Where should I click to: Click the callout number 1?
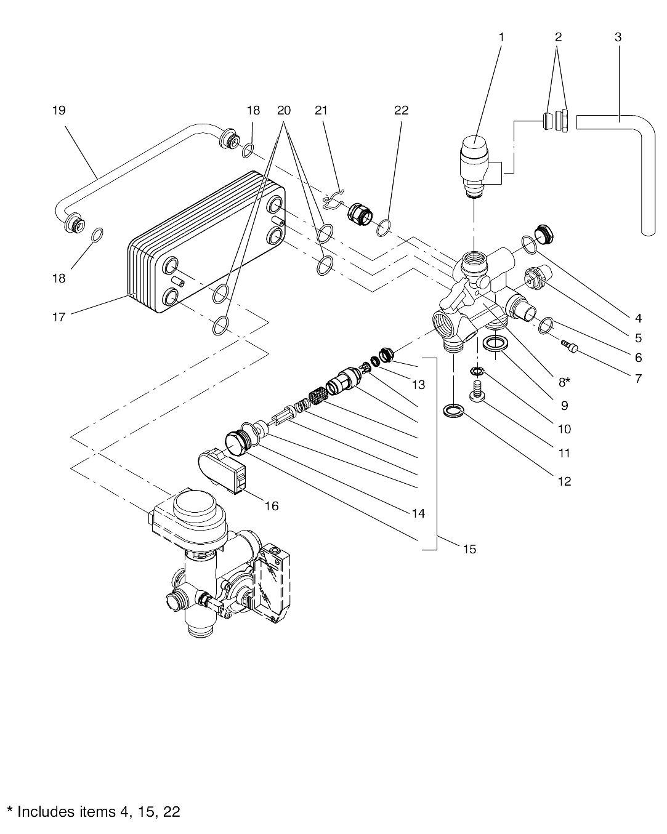tap(501, 38)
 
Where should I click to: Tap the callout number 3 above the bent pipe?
tap(618, 37)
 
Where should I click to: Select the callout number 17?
tap(59, 317)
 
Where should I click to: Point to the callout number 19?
tap(59, 110)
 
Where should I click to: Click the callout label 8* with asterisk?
tap(564, 382)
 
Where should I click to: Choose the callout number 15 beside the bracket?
tap(469, 549)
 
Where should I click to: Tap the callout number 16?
tap(272, 506)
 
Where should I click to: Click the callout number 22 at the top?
tap(402, 110)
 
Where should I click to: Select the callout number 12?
tap(565, 481)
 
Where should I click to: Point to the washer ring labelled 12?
tap(453, 411)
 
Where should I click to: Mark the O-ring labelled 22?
tap(382, 228)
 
